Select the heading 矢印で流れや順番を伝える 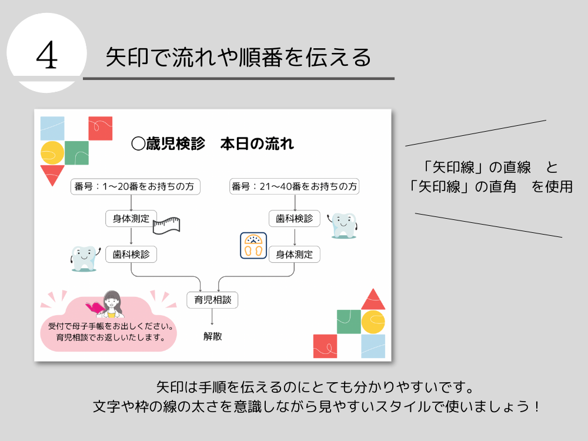(238, 58)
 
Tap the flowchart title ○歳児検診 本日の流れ (212, 143)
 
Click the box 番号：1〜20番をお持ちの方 (135, 186)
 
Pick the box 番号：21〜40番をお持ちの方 (294, 186)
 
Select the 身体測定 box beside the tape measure (131, 219)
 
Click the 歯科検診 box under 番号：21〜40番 (294, 219)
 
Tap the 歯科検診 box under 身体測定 (131, 255)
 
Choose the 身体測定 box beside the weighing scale (294, 255)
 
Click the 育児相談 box (212, 300)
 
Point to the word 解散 (212, 336)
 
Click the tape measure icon (166, 225)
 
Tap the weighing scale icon (253, 246)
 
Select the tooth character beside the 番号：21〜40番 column (343, 225)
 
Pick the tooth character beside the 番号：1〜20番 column (83, 257)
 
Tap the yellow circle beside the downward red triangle (52, 153)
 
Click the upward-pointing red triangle (373, 300)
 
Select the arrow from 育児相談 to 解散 (212, 318)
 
